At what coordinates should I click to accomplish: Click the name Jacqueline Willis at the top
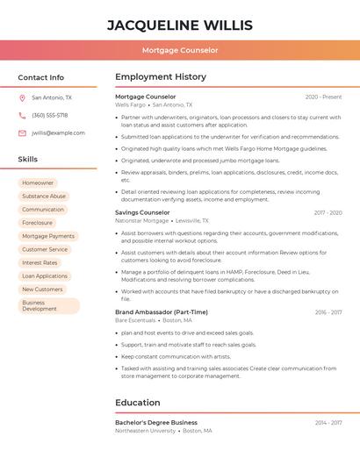tap(180, 25)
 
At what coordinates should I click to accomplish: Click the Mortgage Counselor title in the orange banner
tap(180, 50)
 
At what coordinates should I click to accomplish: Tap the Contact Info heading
tap(40, 77)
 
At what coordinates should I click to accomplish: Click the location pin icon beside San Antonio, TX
tap(22, 98)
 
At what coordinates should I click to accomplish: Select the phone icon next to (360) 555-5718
tap(22, 116)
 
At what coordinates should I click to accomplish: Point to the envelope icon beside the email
tap(22, 133)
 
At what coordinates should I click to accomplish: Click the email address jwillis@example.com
tap(58, 133)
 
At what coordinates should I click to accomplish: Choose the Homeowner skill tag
tap(38, 182)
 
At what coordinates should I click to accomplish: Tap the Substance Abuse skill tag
tap(44, 197)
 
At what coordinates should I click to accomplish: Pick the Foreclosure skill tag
tap(38, 223)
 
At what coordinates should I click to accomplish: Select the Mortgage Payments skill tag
tap(48, 236)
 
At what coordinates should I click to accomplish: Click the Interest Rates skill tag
tap(40, 262)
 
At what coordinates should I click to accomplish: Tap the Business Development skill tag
tap(48, 305)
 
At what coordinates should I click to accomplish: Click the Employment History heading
tap(160, 77)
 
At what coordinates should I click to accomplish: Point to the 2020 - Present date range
tap(323, 97)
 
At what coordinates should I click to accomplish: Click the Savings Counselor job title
tap(142, 212)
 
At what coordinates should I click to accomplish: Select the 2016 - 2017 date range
tap(328, 312)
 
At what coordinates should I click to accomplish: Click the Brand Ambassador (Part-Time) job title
tap(162, 312)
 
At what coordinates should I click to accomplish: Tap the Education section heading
tap(137, 403)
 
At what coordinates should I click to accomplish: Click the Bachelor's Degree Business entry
tap(156, 423)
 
